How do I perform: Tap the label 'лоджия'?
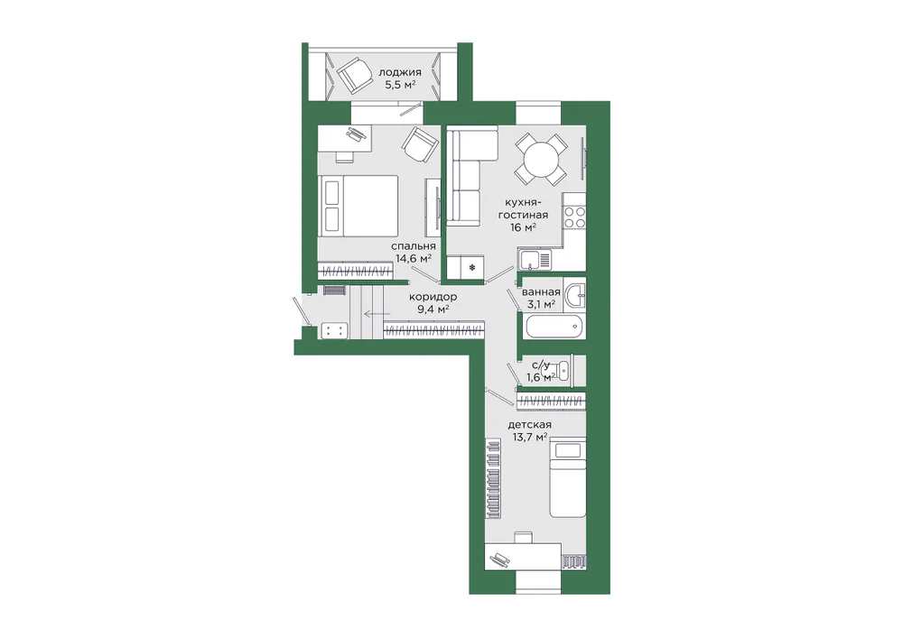(400, 72)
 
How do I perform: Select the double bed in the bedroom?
(358, 206)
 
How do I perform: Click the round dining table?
(541, 159)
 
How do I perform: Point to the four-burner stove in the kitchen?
(574, 217)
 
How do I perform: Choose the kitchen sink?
(535, 260)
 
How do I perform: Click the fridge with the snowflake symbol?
(472, 268)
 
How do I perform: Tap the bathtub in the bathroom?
(554, 328)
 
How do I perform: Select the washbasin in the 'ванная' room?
(574, 296)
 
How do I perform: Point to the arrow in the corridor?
(377, 314)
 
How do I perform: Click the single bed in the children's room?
(567, 478)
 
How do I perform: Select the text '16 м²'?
(523, 227)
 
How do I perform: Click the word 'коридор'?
(433, 297)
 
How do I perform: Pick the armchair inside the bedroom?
(421, 144)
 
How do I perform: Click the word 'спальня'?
(413, 246)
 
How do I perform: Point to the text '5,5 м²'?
(400, 85)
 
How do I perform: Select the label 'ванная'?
(541, 291)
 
